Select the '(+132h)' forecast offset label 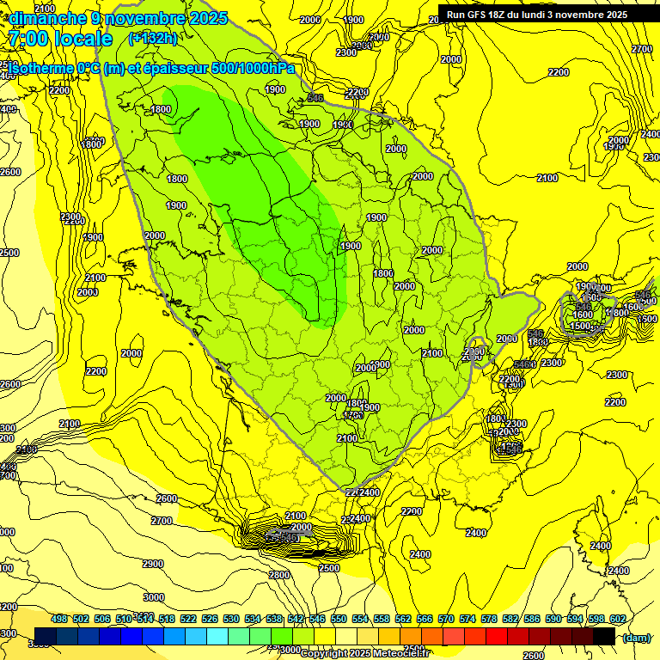click(153, 38)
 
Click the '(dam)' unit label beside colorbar click(636, 637)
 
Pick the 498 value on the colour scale click(59, 619)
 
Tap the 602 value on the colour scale click(617, 619)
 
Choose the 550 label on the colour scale click(339, 619)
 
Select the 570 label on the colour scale click(445, 619)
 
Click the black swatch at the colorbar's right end click(604, 636)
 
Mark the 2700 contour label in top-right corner click(642, 49)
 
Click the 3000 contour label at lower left click(153, 596)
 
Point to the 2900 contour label click(152, 564)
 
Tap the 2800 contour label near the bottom click(279, 575)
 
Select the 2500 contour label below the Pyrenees click(328, 568)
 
